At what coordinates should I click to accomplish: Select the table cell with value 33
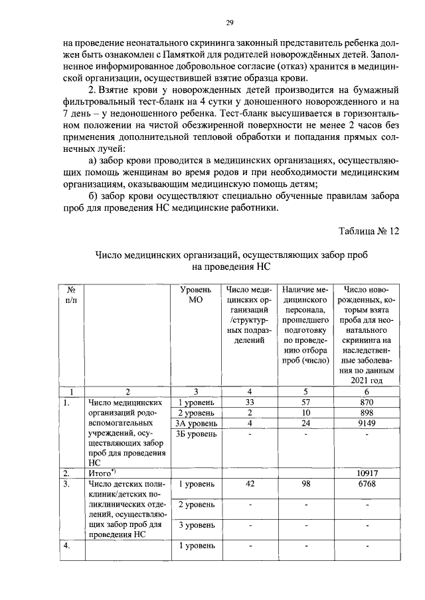coord(250,402)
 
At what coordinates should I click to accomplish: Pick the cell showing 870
coord(367,402)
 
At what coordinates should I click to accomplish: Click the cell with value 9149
coord(367,423)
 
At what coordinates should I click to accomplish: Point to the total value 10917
coord(367,473)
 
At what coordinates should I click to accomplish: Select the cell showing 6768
coord(367,484)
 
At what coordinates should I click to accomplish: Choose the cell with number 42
coord(250,484)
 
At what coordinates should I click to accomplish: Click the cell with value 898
coord(367,412)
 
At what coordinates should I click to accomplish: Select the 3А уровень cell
coord(197,423)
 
